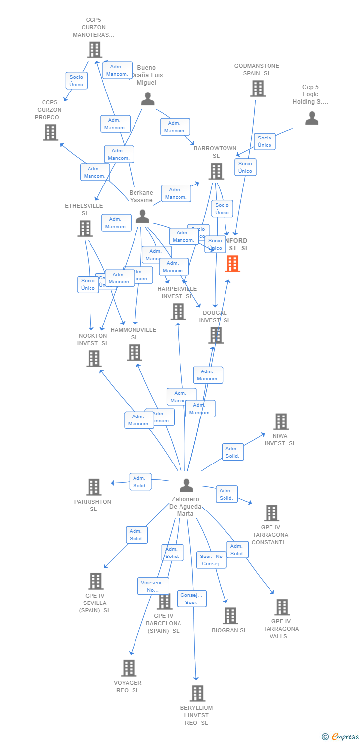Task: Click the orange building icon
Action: point(232,264)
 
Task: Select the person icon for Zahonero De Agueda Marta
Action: point(186,485)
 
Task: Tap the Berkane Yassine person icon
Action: point(142,216)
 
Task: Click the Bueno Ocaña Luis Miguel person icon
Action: point(148,99)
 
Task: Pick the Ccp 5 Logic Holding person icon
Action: point(312,118)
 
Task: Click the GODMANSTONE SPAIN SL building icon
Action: point(257,89)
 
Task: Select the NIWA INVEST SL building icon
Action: point(281,421)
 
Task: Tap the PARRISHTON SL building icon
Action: point(93,487)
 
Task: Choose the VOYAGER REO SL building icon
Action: point(128,668)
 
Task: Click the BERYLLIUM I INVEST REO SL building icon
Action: point(197,693)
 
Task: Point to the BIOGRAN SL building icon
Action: point(230,616)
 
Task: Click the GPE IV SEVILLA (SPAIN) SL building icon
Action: point(95,581)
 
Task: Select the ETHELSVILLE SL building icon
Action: point(85,228)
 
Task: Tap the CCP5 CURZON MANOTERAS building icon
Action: point(94,49)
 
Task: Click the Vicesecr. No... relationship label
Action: point(153,586)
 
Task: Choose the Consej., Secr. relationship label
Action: point(191,599)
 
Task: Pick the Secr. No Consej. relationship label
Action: point(211,560)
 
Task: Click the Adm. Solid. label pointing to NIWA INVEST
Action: point(232,452)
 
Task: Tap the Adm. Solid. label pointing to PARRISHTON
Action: point(140,482)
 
